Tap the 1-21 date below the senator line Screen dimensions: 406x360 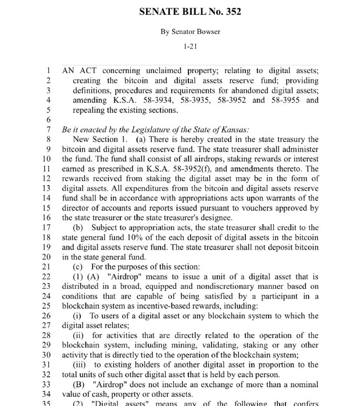(190, 47)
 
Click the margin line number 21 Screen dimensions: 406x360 (47, 266)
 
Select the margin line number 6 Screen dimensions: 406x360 (49, 119)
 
